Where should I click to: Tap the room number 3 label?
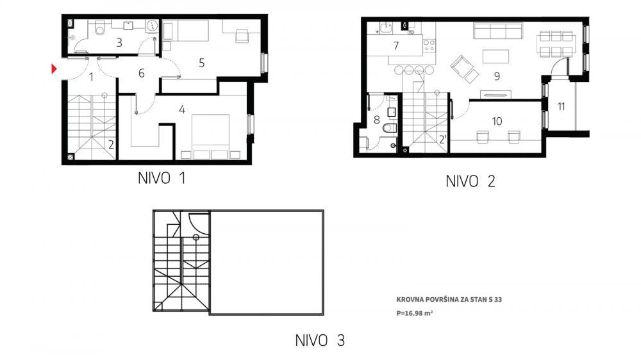pos(119,43)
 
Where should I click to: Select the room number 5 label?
pos(201,63)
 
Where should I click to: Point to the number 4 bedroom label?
pos(182,110)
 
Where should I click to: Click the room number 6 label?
pos(142,73)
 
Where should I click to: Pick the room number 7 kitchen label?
pos(396,45)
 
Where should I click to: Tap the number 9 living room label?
pos(497,76)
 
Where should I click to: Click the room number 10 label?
pos(497,120)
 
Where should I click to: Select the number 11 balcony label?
pos(561,106)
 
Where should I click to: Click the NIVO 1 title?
pos(162,179)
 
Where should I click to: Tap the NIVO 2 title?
pos(470,181)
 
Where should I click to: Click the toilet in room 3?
pos(99,29)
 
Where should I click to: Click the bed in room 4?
pos(211,136)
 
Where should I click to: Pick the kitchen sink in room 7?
pos(386,28)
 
